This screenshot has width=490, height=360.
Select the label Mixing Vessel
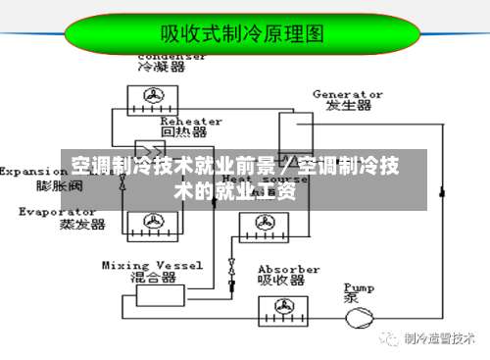click(x=152, y=265)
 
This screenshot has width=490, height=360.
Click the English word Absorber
click(x=288, y=269)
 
